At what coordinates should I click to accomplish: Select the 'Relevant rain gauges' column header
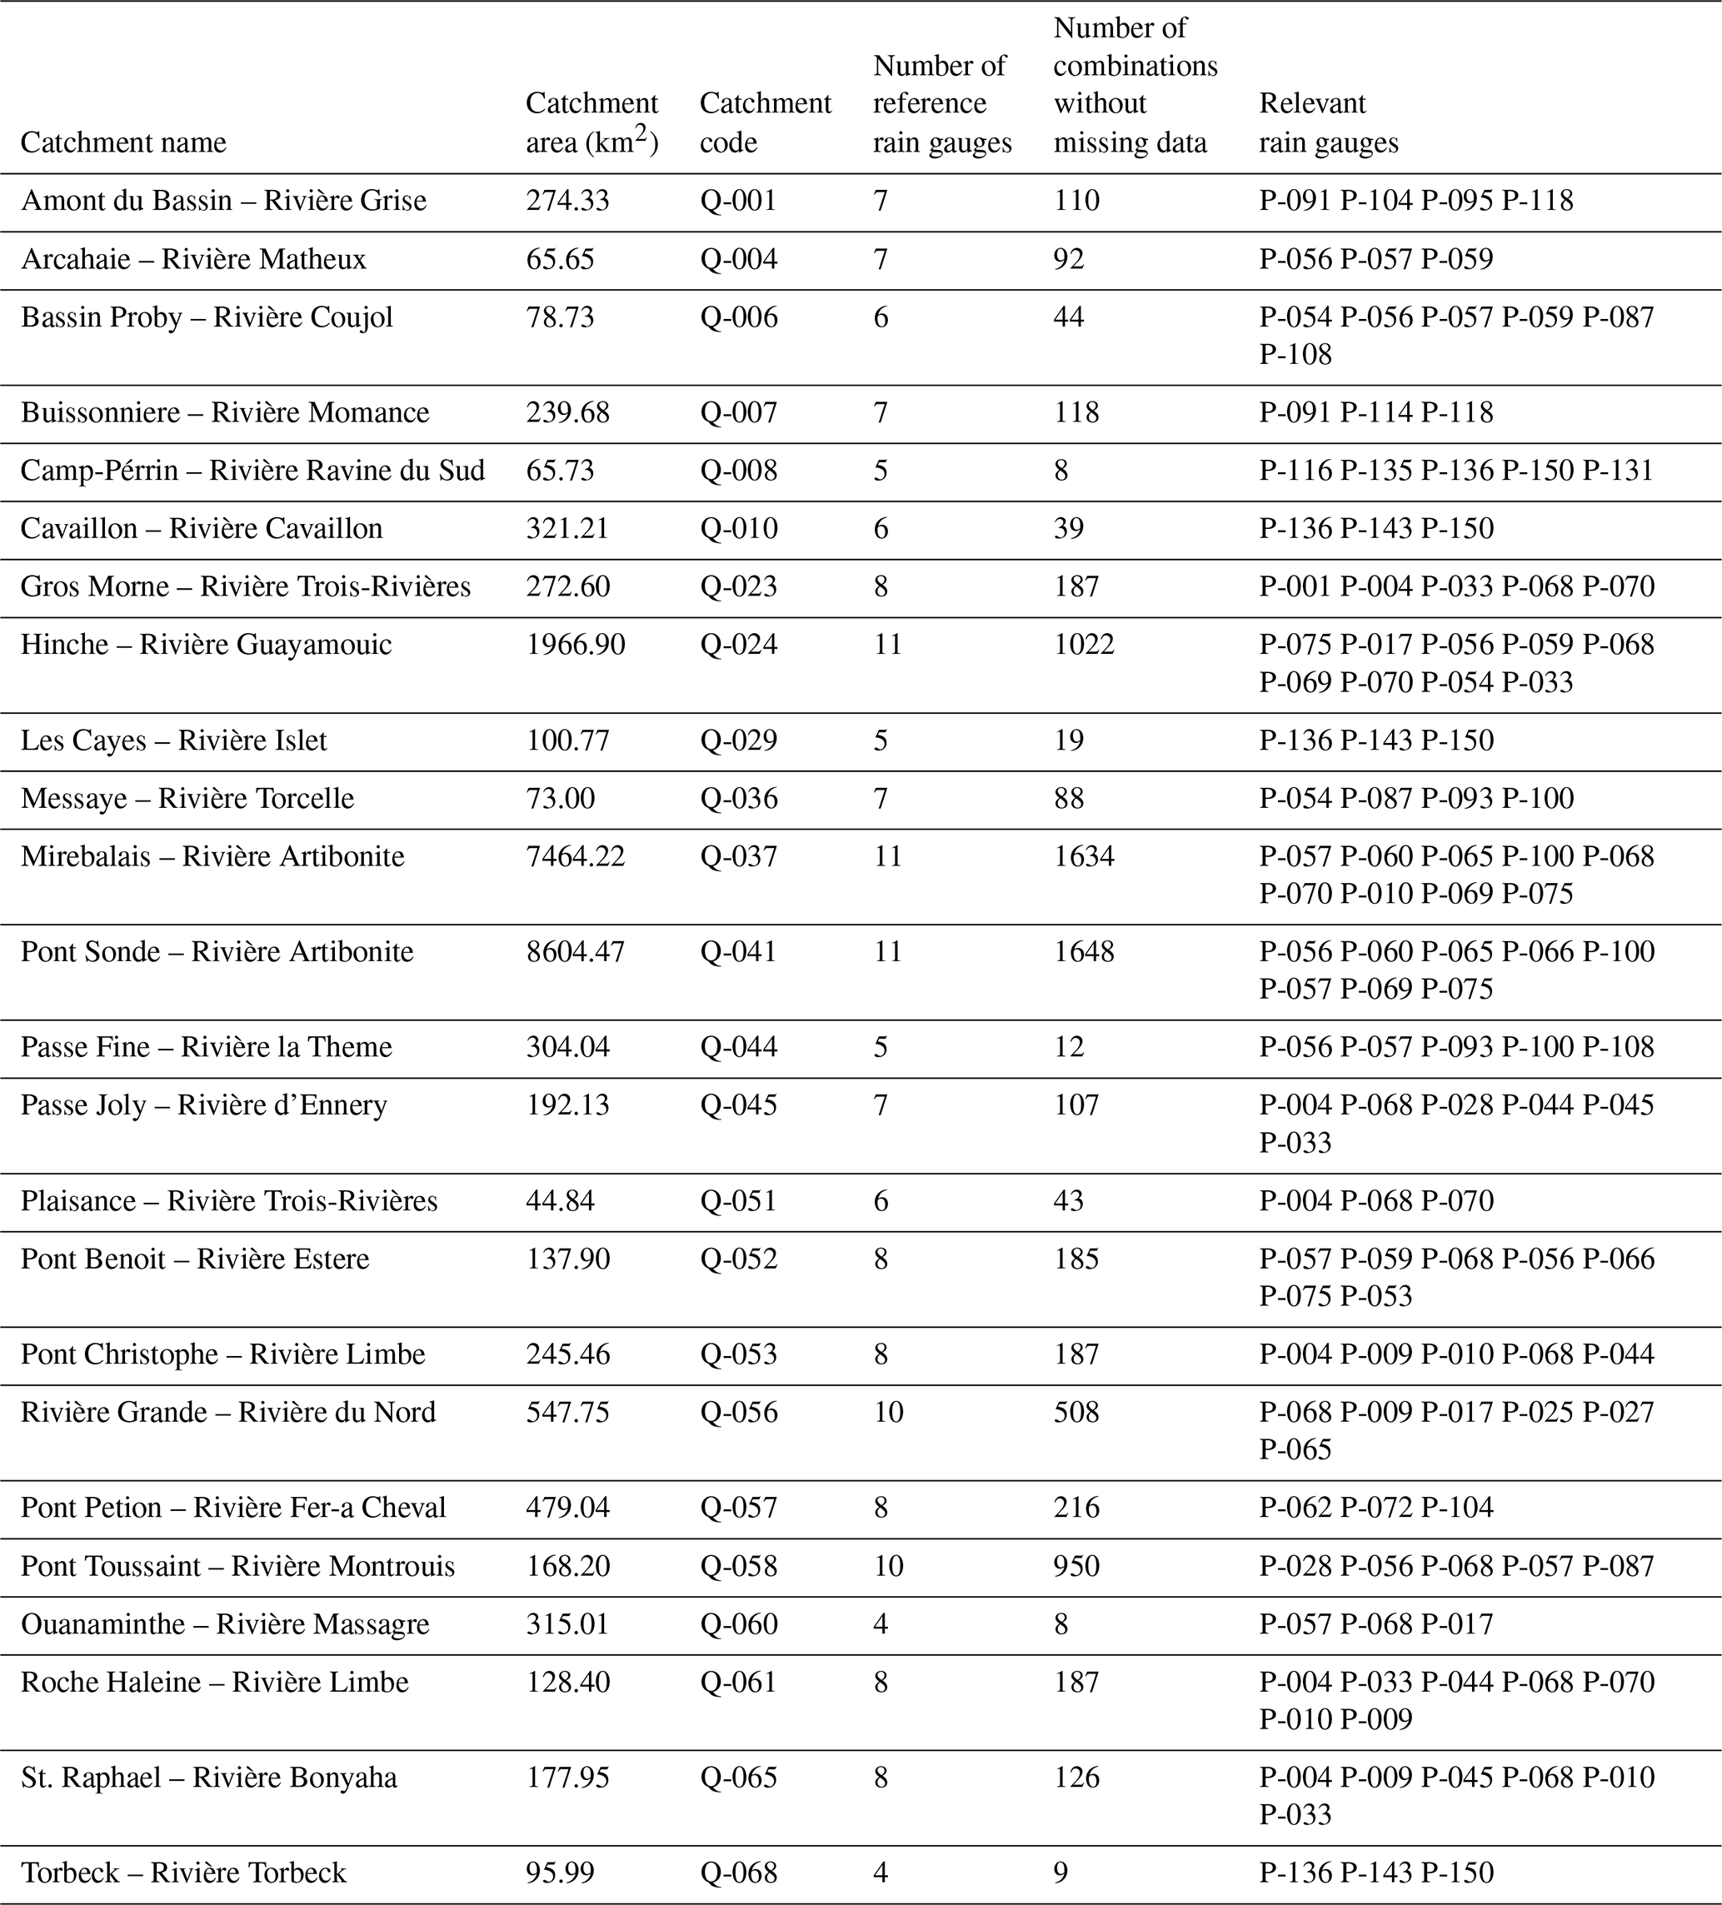tap(1328, 122)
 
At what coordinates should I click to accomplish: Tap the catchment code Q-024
tap(739, 645)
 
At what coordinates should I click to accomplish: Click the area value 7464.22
tap(575, 856)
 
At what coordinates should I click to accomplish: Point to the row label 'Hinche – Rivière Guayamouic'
tap(206, 645)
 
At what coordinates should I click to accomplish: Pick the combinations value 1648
tap(1084, 951)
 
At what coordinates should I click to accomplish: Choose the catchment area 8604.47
tap(575, 951)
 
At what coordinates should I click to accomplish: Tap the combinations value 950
tap(1076, 1566)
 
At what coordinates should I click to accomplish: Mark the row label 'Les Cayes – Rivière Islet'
tap(174, 740)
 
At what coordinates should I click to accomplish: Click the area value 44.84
tap(561, 1201)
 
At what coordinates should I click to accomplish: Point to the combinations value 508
tap(1076, 1412)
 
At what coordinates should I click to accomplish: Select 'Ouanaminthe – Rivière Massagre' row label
tap(225, 1623)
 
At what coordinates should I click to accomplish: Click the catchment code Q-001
tap(738, 200)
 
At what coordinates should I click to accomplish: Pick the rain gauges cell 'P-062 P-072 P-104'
tap(1376, 1507)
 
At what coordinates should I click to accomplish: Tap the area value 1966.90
tap(575, 645)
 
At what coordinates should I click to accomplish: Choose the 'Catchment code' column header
tap(765, 122)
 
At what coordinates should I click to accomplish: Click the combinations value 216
tap(1076, 1507)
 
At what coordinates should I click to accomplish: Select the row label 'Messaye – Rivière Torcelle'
tap(187, 799)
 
